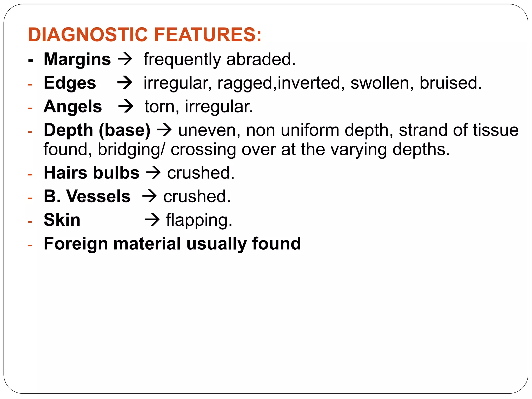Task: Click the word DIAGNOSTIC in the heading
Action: click(x=88, y=35)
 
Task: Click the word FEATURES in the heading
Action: click(x=208, y=35)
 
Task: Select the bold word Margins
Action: click(x=77, y=59)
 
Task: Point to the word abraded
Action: click(x=261, y=59)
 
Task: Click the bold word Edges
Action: click(x=70, y=83)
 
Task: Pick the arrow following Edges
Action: click(x=125, y=83)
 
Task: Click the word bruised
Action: click(x=451, y=83)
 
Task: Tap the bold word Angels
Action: click(x=73, y=107)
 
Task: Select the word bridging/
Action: click(x=131, y=150)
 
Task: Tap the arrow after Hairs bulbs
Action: click(x=153, y=173)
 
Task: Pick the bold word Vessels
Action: click(x=98, y=196)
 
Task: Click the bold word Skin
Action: click(x=62, y=220)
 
